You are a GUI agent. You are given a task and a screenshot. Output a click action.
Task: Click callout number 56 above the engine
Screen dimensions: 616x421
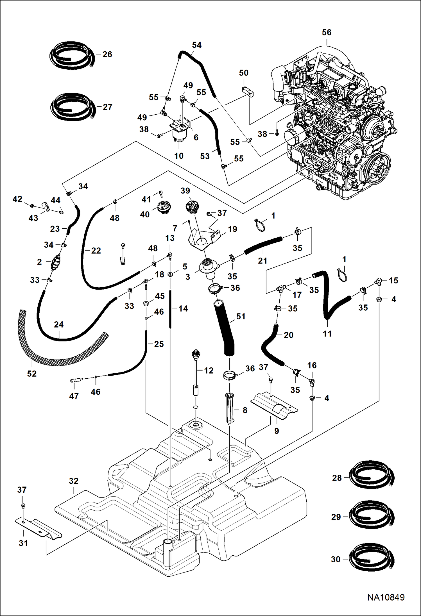[327, 33]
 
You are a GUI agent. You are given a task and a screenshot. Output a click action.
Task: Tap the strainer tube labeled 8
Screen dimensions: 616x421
[230, 409]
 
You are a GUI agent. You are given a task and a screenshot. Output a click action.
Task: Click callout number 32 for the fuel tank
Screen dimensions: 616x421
[74, 481]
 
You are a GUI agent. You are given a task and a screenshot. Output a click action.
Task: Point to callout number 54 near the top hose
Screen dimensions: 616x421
[197, 45]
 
